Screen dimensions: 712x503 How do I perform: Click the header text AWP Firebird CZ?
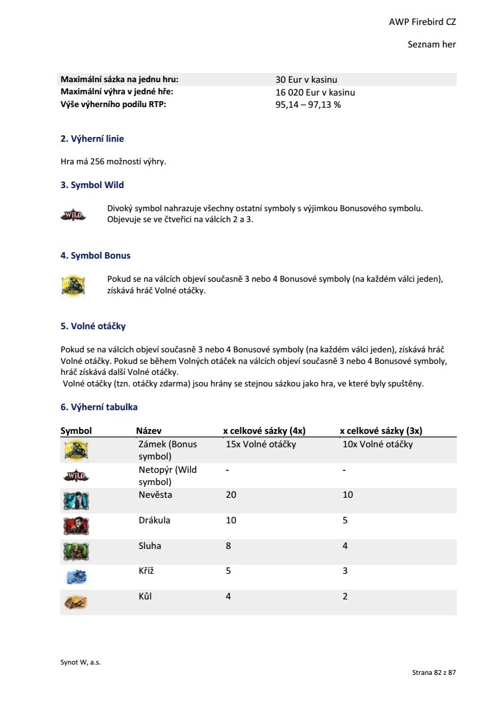(422, 22)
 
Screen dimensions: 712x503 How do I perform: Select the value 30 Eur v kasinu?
(306, 80)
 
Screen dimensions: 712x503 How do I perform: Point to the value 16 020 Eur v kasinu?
(315, 92)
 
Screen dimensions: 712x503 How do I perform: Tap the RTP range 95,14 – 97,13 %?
(308, 105)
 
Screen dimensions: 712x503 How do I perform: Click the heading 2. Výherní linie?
(92, 139)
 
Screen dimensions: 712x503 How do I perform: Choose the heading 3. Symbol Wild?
(92, 185)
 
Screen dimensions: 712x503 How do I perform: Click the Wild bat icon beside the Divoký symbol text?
(74, 215)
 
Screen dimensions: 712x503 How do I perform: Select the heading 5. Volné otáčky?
(93, 326)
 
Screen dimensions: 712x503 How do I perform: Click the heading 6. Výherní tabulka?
(99, 407)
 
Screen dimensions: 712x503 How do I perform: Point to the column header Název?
(148, 431)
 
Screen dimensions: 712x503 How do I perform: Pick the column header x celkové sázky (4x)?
(264, 431)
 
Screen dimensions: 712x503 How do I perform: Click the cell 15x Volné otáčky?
(260, 444)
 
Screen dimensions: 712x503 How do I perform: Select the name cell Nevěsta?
(155, 495)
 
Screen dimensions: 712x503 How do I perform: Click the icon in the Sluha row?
(76, 551)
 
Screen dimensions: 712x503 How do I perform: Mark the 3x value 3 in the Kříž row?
(345, 571)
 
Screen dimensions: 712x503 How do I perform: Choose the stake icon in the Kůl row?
(76, 602)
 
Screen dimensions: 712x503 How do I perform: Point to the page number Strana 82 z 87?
(434, 672)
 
